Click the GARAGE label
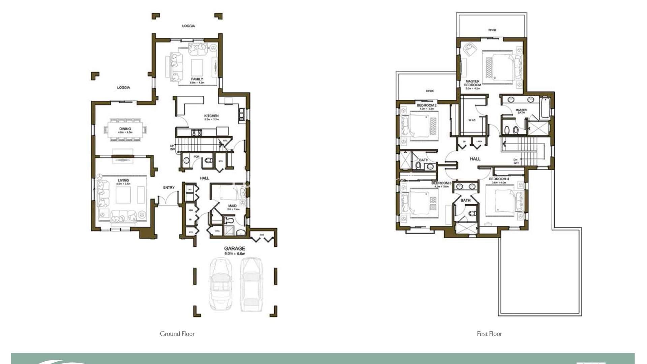235,248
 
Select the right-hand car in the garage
251,284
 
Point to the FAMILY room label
197,79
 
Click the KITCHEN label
211,116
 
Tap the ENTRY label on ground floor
169,187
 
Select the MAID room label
233,206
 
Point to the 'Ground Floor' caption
177,334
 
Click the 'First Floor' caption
489,334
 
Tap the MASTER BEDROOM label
472,83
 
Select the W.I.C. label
472,120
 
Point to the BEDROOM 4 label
499,179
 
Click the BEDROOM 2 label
426,105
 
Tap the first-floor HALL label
475,159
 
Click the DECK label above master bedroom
492,30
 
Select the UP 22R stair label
172,147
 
